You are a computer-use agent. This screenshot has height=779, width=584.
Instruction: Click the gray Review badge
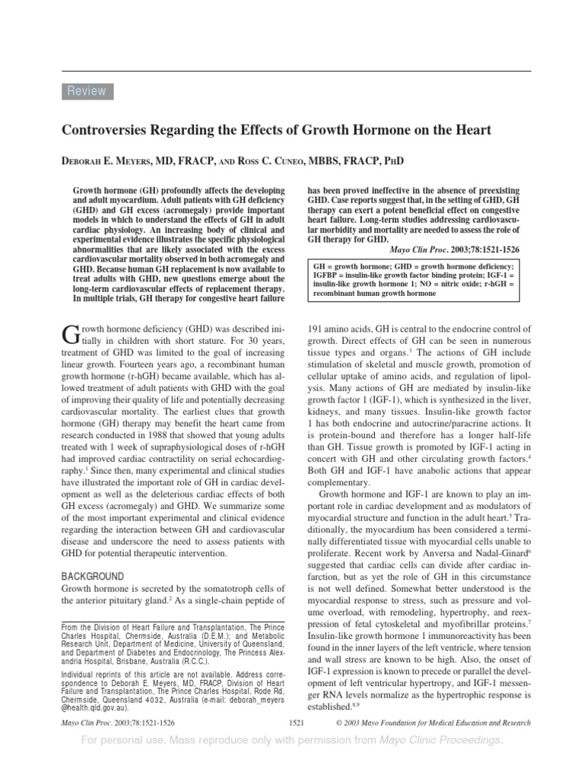click(86, 91)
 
